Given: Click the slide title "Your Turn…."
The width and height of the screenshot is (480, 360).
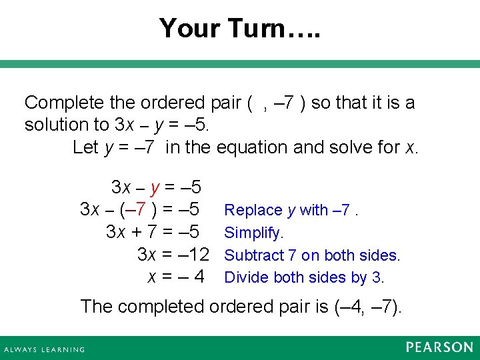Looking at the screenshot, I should pyautogui.click(x=240, y=28).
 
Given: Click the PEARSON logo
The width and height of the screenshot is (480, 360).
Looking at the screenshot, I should pyautogui.click(x=439, y=347).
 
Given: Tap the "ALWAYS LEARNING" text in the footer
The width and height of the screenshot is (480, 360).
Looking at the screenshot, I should pyautogui.click(x=45, y=349).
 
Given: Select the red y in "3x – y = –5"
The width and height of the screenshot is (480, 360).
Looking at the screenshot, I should pyautogui.click(x=155, y=187).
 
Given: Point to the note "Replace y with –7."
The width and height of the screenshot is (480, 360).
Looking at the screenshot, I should pyautogui.click(x=291, y=210).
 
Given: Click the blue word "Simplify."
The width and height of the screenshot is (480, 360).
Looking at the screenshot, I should pyautogui.click(x=254, y=233).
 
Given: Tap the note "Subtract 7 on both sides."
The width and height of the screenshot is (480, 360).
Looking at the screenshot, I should pyautogui.click(x=312, y=255).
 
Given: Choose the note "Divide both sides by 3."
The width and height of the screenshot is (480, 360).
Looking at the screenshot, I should pyautogui.click(x=304, y=277).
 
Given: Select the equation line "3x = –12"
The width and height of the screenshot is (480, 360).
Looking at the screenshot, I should pyautogui.click(x=173, y=254).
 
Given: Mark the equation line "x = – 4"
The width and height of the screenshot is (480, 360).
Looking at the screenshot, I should pyautogui.click(x=175, y=277).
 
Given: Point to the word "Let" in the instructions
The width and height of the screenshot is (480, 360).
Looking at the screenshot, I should pyautogui.click(x=85, y=147).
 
